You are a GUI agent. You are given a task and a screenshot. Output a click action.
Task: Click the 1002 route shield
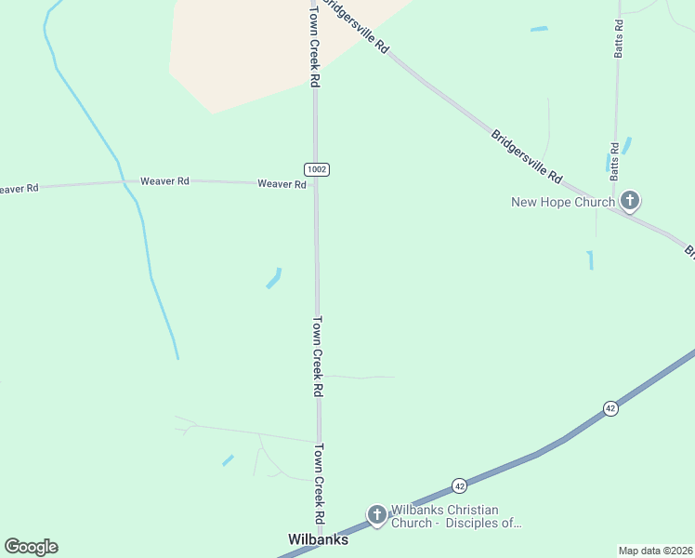click(x=316, y=169)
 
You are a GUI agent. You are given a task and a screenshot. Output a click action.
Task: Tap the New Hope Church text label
click(x=563, y=202)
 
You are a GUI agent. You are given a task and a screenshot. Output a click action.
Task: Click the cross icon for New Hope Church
click(x=630, y=201)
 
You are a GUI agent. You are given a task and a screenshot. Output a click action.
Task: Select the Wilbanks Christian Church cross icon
click(x=376, y=514)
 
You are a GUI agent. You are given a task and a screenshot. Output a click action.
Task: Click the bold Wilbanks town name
click(x=318, y=540)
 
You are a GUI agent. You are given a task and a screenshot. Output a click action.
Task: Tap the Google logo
click(x=31, y=547)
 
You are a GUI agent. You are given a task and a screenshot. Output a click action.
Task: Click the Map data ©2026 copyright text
click(x=655, y=551)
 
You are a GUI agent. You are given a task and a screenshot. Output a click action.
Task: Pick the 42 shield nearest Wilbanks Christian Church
click(x=459, y=485)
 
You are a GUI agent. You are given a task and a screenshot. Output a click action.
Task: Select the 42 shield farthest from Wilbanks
click(x=610, y=408)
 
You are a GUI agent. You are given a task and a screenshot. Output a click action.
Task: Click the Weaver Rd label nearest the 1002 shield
click(x=282, y=184)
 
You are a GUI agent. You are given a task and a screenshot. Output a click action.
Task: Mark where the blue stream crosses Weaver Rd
click(x=123, y=181)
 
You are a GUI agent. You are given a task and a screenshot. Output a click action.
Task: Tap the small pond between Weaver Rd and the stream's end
click(x=273, y=278)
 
